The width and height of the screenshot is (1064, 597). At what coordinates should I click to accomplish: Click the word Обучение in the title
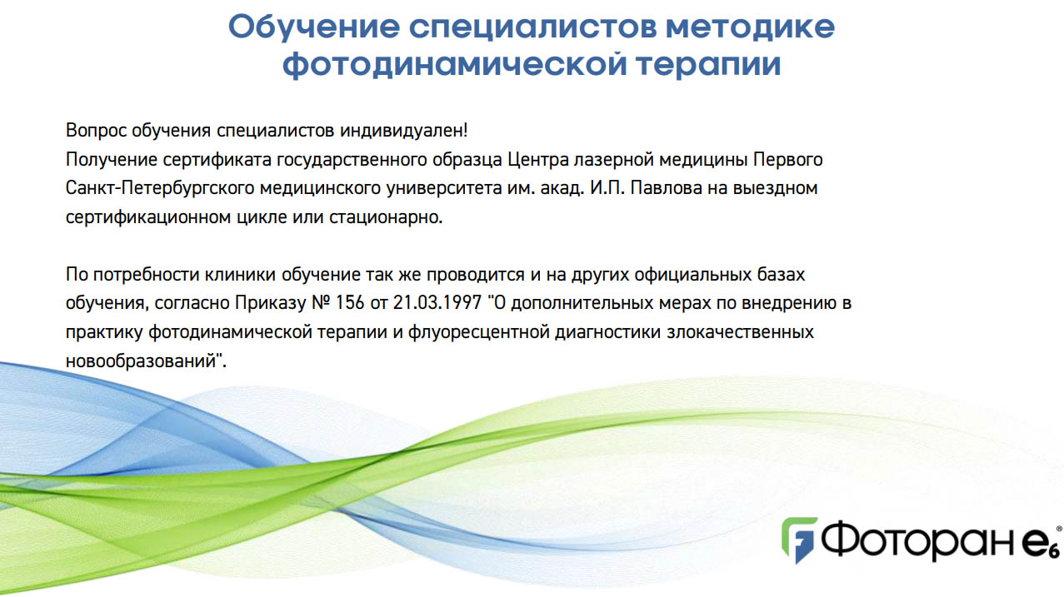pyautogui.click(x=314, y=27)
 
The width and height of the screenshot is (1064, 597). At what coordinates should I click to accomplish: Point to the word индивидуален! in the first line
pyautogui.click(x=404, y=131)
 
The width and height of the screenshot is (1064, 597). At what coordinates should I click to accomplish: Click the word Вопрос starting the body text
pyautogui.click(x=96, y=131)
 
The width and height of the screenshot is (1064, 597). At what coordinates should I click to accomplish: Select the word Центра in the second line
pyautogui.click(x=538, y=160)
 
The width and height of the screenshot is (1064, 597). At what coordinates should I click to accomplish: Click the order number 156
pyautogui.click(x=350, y=303)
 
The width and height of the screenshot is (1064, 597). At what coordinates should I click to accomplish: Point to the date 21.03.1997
pyautogui.click(x=437, y=303)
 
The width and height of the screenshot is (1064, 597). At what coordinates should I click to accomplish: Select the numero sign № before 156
pyautogui.click(x=321, y=303)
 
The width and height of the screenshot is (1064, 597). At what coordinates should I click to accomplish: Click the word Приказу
pyautogui.click(x=271, y=304)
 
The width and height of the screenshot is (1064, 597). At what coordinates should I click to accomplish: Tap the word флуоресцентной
pyautogui.click(x=479, y=332)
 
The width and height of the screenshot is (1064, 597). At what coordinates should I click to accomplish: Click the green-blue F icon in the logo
pyautogui.click(x=799, y=540)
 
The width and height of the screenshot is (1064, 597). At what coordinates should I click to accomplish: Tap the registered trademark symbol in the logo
pyautogui.click(x=1059, y=529)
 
